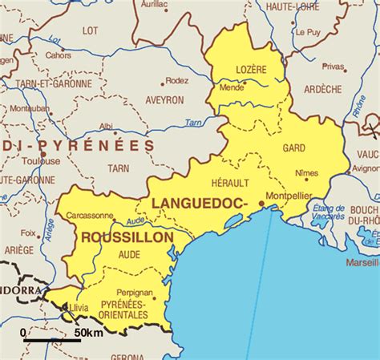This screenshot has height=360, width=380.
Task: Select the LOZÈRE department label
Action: coord(251,70)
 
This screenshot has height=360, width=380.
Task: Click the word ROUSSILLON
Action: coord(127,238)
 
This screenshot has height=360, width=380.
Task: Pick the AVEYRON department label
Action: coord(164,100)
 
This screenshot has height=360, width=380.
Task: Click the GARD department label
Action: coord(293,148)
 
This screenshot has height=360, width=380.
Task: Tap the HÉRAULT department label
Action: coord(230,184)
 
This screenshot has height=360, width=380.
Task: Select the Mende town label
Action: coord(231,87)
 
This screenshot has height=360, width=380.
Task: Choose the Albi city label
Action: coord(105,126)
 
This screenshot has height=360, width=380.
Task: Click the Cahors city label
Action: coord(58,55)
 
